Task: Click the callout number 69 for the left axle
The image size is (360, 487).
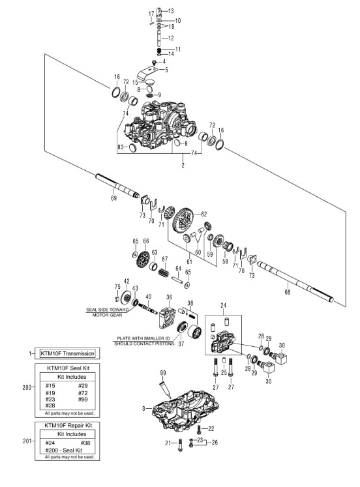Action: pyautogui.click(x=113, y=198)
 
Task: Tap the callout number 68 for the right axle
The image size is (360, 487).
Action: pyautogui.click(x=288, y=292)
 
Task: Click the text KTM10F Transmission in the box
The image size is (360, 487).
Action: pyautogui.click(x=67, y=353)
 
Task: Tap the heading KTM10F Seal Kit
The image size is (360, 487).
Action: pyautogui.click(x=68, y=368)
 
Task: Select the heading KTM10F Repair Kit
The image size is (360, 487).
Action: pyautogui.click(x=68, y=425)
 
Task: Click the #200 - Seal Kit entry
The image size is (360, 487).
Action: pyautogui.click(x=64, y=450)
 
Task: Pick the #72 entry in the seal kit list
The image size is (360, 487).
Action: pyautogui.click(x=83, y=393)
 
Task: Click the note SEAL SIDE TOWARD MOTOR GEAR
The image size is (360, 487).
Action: pyautogui.click(x=107, y=312)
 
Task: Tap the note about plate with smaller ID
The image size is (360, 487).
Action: pyautogui.click(x=145, y=341)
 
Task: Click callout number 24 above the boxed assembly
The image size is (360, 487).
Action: pyautogui.click(x=223, y=306)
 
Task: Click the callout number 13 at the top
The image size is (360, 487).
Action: pyautogui.click(x=171, y=11)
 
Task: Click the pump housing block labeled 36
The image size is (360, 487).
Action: pyautogui.click(x=167, y=317)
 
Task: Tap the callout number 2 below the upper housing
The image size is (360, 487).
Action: pyautogui.click(x=183, y=165)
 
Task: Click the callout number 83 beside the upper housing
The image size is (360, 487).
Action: pyautogui.click(x=121, y=147)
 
